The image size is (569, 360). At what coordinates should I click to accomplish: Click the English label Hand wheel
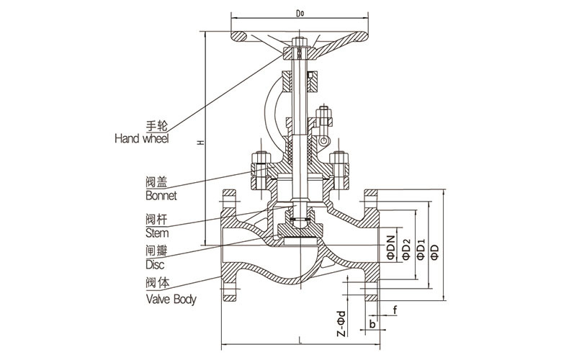point(142,138)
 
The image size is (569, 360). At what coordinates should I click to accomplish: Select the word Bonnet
point(161,195)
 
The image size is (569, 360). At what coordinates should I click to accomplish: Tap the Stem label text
point(157,233)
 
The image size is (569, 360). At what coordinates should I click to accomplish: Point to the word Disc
point(155,265)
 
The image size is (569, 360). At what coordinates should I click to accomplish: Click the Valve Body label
point(171,298)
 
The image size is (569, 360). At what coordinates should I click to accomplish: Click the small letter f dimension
point(395,311)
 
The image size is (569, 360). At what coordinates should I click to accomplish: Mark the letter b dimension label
point(372,324)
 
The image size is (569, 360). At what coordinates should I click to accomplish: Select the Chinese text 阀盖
point(157,183)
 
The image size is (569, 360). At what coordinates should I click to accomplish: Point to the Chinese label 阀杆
point(157,220)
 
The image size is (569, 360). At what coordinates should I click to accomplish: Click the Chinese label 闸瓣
point(157,252)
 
